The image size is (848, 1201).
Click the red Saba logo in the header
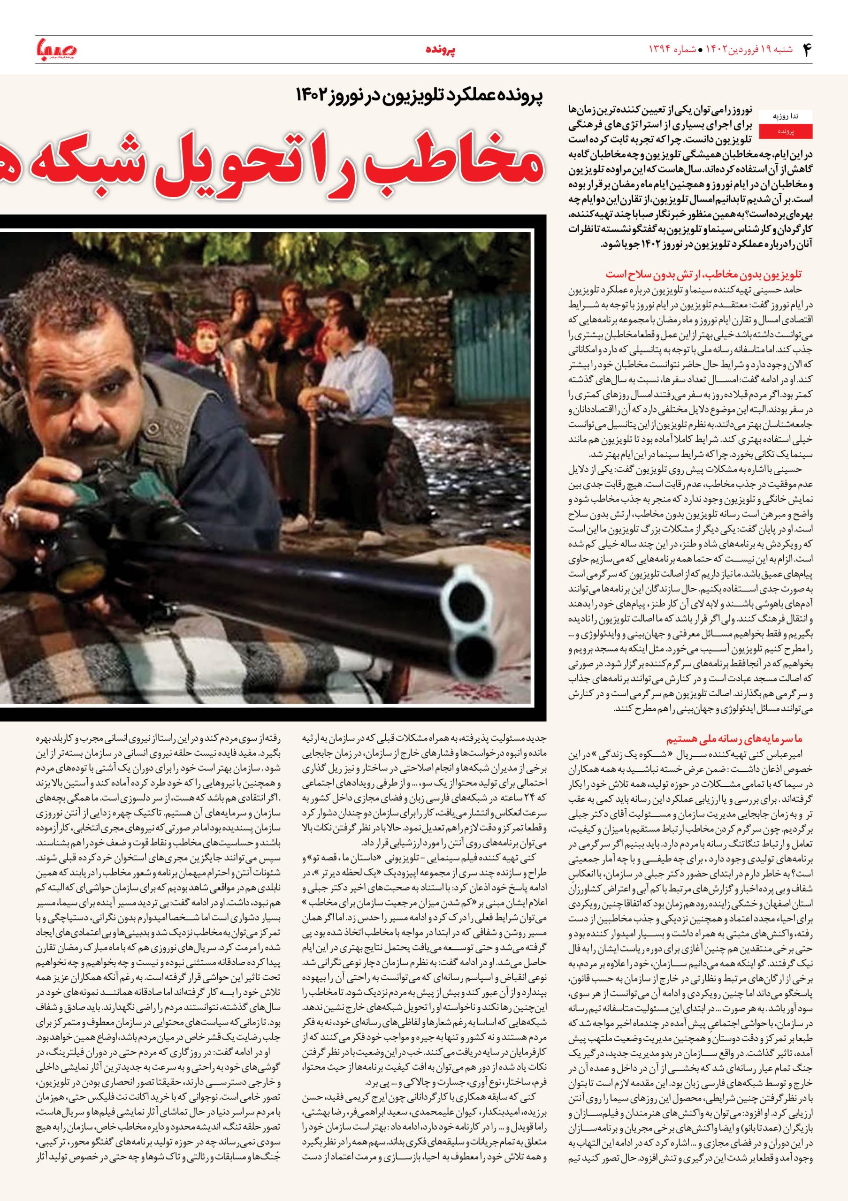tap(56, 50)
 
